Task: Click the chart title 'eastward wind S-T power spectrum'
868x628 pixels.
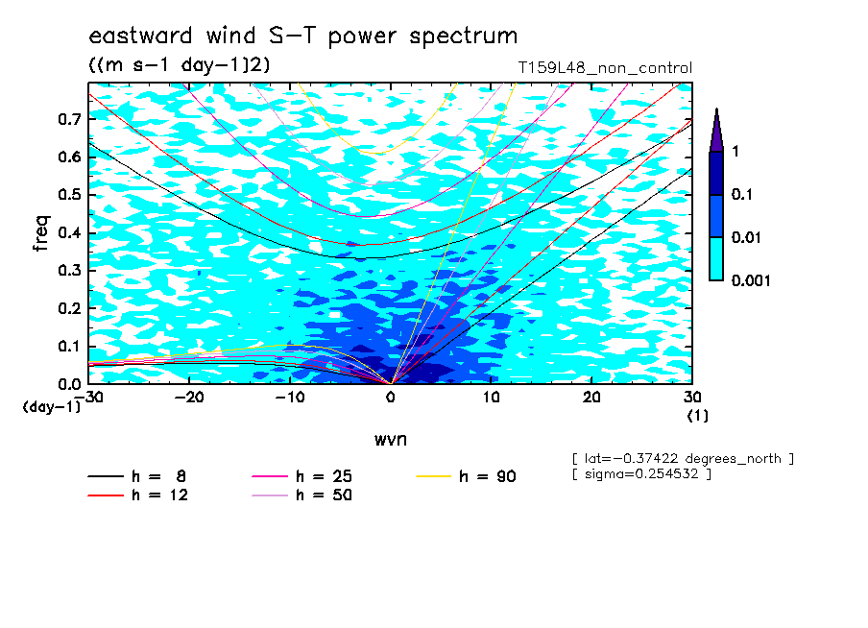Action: coord(303,36)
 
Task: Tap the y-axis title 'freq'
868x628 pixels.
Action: coord(41,233)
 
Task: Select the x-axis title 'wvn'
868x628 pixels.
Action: coord(391,440)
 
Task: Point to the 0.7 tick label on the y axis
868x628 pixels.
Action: coord(70,119)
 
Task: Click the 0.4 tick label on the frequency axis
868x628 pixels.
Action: coord(70,232)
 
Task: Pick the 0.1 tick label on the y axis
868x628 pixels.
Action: coord(70,346)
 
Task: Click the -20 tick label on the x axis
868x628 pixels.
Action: coord(189,398)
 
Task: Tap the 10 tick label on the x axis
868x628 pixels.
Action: coord(492,398)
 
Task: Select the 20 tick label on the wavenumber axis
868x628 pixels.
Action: coord(591,398)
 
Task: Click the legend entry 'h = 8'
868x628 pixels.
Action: coord(136,476)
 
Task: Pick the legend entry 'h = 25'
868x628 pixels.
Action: coord(302,476)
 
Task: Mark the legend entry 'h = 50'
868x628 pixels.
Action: coord(302,495)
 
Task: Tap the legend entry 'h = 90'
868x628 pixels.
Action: coord(466,476)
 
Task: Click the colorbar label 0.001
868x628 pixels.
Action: coord(751,280)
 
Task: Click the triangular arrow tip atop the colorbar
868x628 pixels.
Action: coord(717,109)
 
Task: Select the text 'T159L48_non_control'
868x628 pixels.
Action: coord(605,68)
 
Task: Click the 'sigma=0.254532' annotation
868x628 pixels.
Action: coord(642,474)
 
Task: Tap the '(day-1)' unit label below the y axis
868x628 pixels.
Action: coord(52,407)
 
